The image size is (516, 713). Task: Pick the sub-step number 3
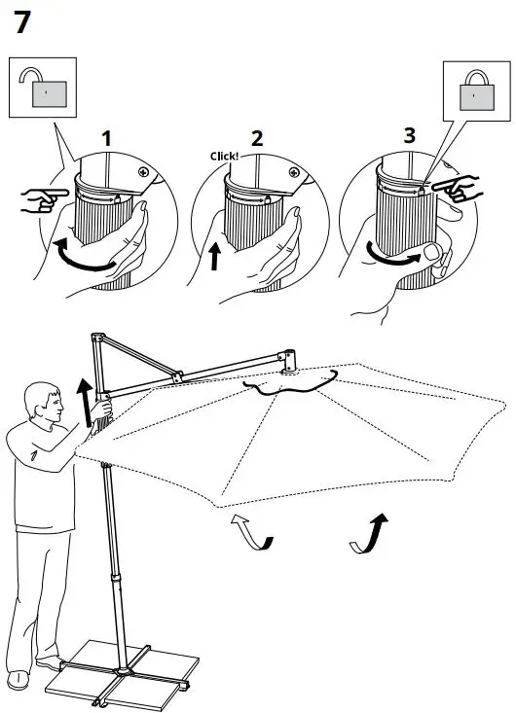tap(409, 135)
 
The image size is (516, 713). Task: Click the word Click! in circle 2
tap(224, 156)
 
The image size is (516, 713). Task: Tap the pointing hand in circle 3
tap(456, 187)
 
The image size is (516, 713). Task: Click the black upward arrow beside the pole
tap(84, 401)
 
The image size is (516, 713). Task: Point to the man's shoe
tap(18, 679)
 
